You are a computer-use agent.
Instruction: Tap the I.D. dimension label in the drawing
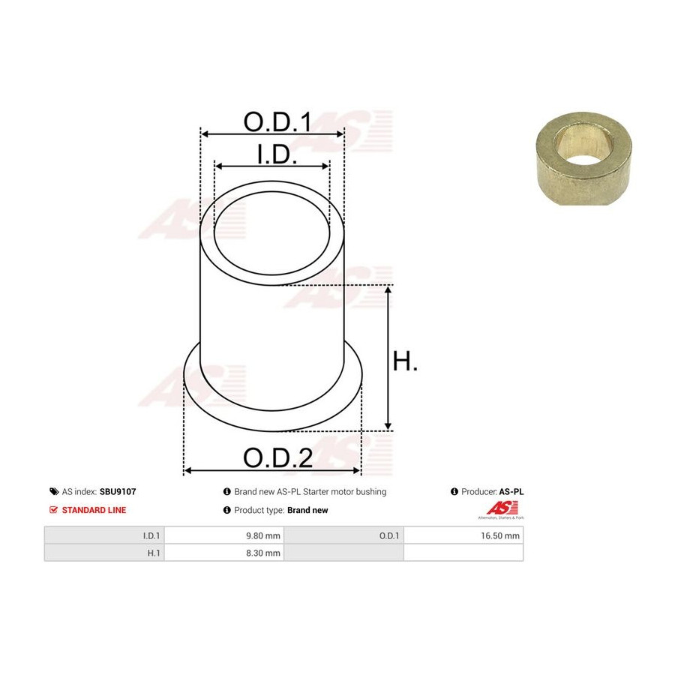click(x=277, y=154)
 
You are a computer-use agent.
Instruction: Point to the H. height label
click(x=405, y=361)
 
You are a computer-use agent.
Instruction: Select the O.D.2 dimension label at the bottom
click(x=277, y=457)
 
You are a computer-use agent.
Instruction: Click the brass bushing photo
click(x=584, y=158)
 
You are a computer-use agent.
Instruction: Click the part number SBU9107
click(x=118, y=491)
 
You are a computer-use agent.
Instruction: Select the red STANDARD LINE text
click(x=94, y=510)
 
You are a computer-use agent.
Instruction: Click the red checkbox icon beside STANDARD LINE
click(x=53, y=510)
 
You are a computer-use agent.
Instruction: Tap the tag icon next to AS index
click(x=54, y=491)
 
